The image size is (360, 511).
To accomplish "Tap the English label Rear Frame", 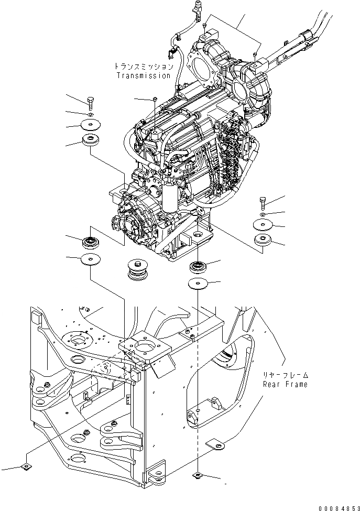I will (x=286, y=384).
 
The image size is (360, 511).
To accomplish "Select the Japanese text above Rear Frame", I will (x=286, y=375).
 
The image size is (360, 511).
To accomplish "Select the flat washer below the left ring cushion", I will (x=90, y=259).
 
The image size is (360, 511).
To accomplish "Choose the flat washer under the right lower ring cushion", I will (x=199, y=284).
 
